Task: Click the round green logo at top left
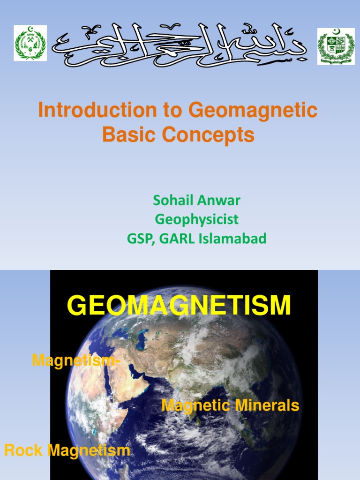[30, 43]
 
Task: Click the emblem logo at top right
[336, 46]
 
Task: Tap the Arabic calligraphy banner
[180, 45]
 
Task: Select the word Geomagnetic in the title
[253, 111]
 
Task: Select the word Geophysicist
[196, 219]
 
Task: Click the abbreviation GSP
[140, 239]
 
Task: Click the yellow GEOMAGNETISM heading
[179, 306]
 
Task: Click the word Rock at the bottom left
[23, 450]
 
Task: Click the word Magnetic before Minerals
[196, 405]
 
